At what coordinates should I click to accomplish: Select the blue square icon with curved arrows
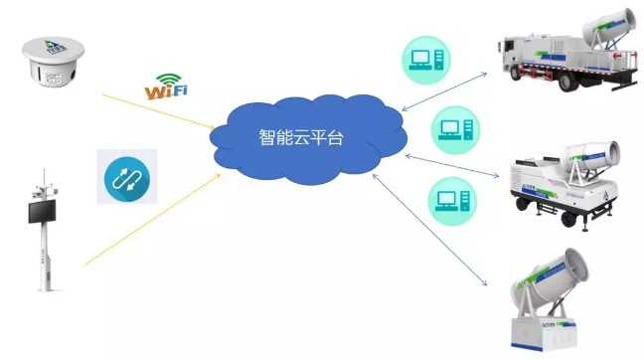(x=126, y=178)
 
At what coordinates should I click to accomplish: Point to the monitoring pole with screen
(x=43, y=233)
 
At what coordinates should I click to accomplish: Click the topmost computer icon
(x=424, y=60)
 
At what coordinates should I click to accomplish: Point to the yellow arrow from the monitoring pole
(x=149, y=221)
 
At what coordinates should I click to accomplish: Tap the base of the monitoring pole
(x=43, y=287)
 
